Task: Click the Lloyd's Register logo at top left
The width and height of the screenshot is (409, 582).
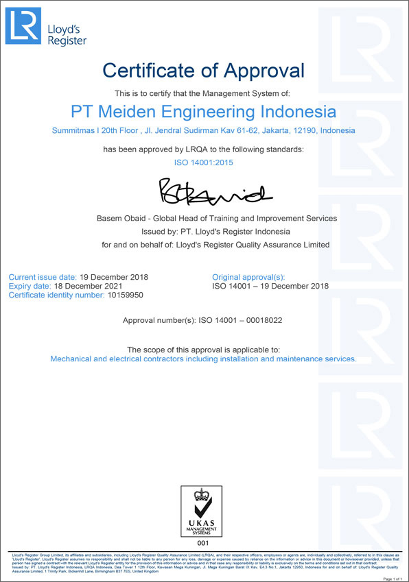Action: (x=46, y=27)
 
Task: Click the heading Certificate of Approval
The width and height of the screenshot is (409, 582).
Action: (x=204, y=69)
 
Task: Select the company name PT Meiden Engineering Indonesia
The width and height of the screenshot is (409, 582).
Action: (x=204, y=111)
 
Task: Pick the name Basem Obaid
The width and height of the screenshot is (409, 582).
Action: (x=123, y=218)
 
